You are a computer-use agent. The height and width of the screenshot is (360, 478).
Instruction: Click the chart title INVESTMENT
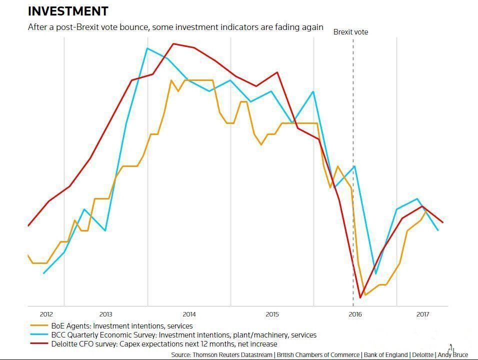pos(68,11)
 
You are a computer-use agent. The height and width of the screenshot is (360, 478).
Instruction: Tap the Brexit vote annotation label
pos(350,32)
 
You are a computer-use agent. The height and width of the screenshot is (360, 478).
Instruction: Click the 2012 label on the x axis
pos(46,314)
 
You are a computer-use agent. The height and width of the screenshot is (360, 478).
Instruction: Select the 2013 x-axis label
pos(105,314)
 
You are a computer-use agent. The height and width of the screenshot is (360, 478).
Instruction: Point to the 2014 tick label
pos(189,314)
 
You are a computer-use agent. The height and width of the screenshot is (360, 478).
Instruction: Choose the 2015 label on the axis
pos(272,314)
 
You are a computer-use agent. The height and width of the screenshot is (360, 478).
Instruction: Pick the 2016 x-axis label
pos(355,314)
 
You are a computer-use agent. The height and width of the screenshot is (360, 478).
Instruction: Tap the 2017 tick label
pos(423,314)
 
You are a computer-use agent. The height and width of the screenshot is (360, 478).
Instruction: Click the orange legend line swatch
pos(38,326)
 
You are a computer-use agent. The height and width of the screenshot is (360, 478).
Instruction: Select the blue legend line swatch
pos(38,335)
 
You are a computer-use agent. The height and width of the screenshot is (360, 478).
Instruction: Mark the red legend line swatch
pos(38,344)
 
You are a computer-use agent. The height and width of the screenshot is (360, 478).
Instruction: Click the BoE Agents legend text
pos(122,326)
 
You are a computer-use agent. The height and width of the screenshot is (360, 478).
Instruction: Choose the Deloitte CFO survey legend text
pos(164,344)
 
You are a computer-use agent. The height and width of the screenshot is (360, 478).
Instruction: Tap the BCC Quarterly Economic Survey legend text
pos(183,335)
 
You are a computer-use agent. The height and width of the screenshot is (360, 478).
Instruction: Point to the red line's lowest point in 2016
pos(360,298)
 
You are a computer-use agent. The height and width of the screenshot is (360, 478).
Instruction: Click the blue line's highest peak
pos(147,48)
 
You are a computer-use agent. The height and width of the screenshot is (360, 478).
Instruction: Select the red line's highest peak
pos(173,43)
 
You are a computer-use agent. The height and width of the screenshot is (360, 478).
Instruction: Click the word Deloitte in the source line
pos(422,354)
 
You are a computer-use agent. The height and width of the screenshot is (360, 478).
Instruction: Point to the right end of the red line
pos(443,222)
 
